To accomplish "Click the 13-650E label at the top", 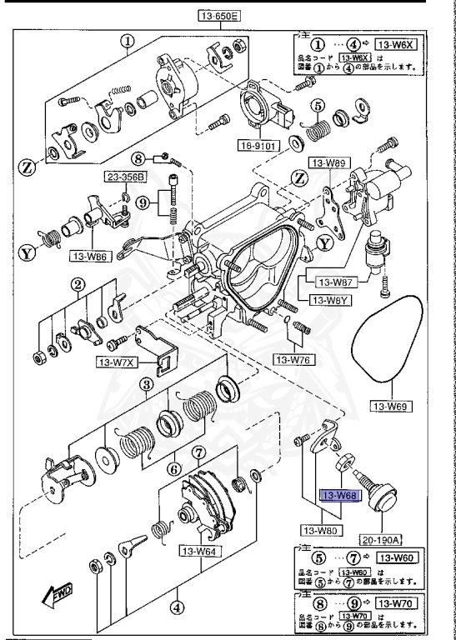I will pyautogui.click(x=218, y=16).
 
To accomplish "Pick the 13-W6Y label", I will pyautogui.click(x=329, y=299).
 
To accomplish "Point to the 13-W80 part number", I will pyautogui.click(x=320, y=529).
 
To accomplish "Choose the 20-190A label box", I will pyautogui.click(x=380, y=538).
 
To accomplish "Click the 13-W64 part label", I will pyautogui.click(x=199, y=551).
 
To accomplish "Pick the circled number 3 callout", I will pyautogui.click(x=145, y=384).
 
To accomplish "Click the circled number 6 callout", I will pyautogui.click(x=173, y=467).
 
